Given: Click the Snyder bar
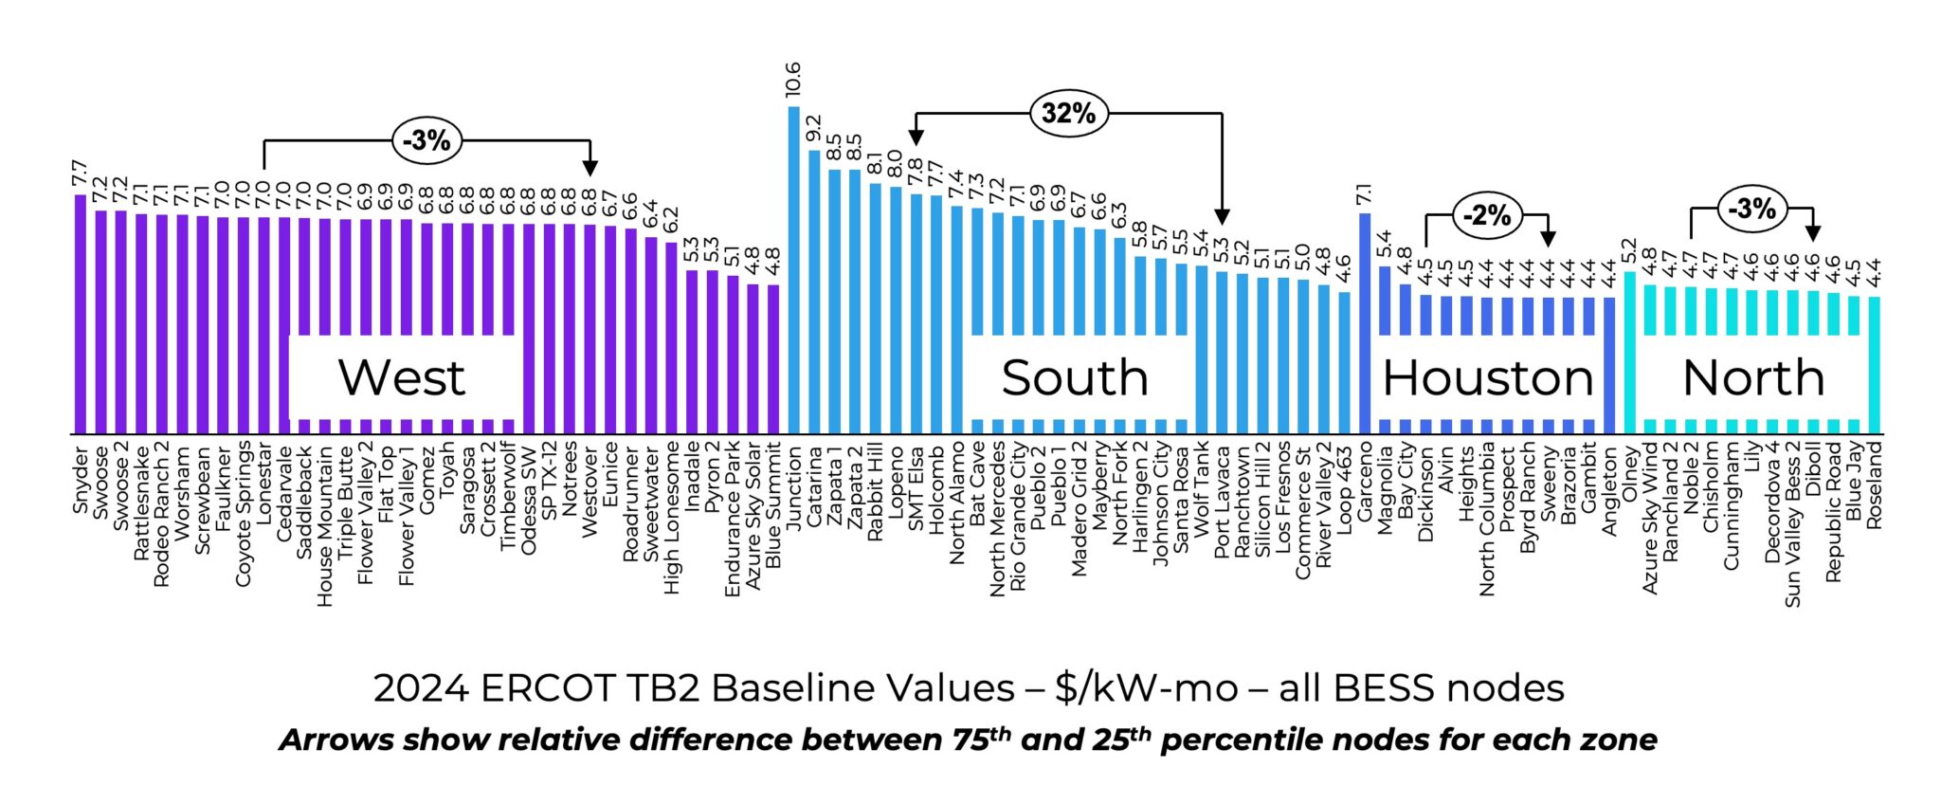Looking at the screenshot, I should [x=81, y=313].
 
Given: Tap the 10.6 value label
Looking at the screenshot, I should [x=793, y=80].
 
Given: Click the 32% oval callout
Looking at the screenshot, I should [x=1068, y=114].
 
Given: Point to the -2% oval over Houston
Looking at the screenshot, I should [x=1486, y=215].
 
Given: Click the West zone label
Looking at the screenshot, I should [x=402, y=377].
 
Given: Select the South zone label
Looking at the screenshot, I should [x=1075, y=377].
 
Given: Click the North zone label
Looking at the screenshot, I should [x=1753, y=377].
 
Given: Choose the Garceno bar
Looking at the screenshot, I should [x=1365, y=322].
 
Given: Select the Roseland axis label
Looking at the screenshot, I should [x=1874, y=484].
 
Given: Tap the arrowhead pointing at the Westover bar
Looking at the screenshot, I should [x=590, y=168].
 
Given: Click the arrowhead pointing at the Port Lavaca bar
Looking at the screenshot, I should [x=1222, y=216].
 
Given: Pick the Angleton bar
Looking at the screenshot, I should [x=1609, y=365].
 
